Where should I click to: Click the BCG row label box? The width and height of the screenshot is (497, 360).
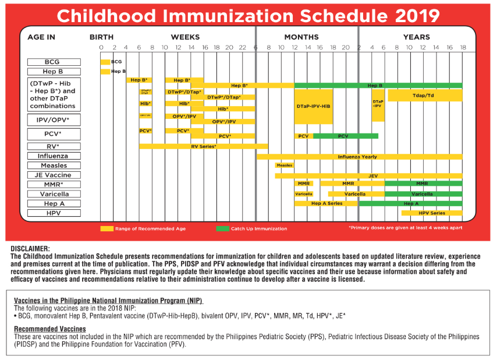(x=52, y=62)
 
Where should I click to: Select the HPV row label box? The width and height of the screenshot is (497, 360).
(x=52, y=213)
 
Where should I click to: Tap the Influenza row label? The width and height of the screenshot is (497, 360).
(x=52, y=156)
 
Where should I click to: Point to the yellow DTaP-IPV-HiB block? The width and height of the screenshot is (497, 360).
(x=314, y=106)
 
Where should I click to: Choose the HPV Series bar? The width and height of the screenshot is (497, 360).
(x=431, y=213)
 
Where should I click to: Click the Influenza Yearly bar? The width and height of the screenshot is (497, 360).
(x=359, y=157)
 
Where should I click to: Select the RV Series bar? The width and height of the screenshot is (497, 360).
(x=204, y=146)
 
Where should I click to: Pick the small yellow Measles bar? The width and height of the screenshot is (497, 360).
(x=285, y=165)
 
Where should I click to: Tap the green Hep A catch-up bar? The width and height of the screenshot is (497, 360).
(x=410, y=204)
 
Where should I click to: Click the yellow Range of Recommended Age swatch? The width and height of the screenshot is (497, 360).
(x=106, y=228)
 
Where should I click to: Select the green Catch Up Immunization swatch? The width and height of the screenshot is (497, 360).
(x=222, y=228)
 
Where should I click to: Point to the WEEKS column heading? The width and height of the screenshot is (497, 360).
(x=185, y=37)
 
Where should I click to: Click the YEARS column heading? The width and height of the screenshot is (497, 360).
(x=417, y=37)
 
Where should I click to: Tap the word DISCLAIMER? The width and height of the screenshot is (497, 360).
(x=30, y=249)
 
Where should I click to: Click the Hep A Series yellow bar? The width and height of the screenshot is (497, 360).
(x=326, y=204)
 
